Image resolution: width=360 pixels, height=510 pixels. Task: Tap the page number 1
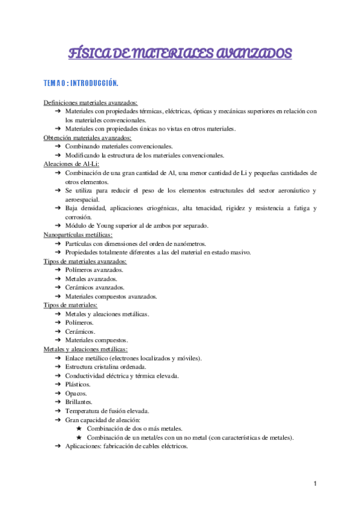point(315,484)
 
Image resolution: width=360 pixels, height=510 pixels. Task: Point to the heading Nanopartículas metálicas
point(78,235)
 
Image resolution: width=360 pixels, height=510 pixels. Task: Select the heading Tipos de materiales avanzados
point(85,261)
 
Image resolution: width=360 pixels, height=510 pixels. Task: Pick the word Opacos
point(77,393)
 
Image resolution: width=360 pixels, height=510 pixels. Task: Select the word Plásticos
point(78,384)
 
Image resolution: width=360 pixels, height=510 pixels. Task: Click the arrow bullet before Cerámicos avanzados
point(57,287)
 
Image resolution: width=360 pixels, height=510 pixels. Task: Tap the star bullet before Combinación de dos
point(79,429)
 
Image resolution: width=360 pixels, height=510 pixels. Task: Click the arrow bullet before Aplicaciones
point(57,446)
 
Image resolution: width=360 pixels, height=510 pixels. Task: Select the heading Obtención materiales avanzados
point(88,138)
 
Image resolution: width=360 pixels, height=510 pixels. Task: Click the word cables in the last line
point(148,446)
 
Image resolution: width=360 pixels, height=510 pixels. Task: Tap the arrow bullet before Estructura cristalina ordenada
point(57,367)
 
